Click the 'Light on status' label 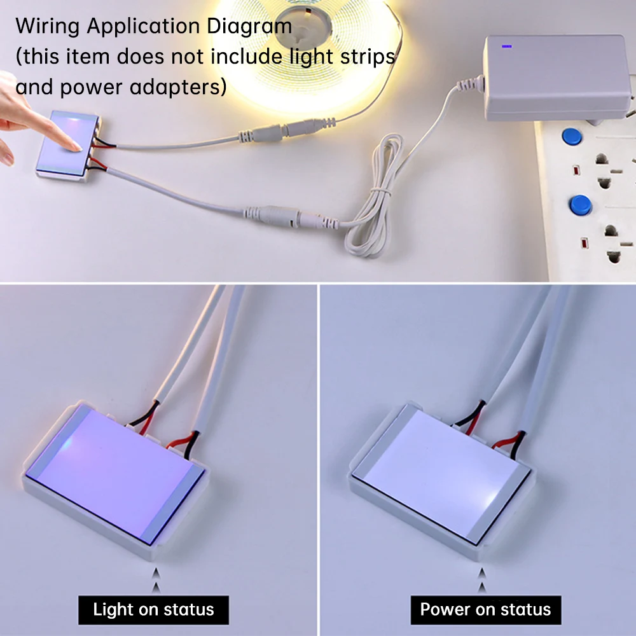[x=153, y=610]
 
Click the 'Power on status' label [x=485, y=610]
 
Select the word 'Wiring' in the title [x=48, y=27]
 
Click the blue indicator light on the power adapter [x=507, y=46]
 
